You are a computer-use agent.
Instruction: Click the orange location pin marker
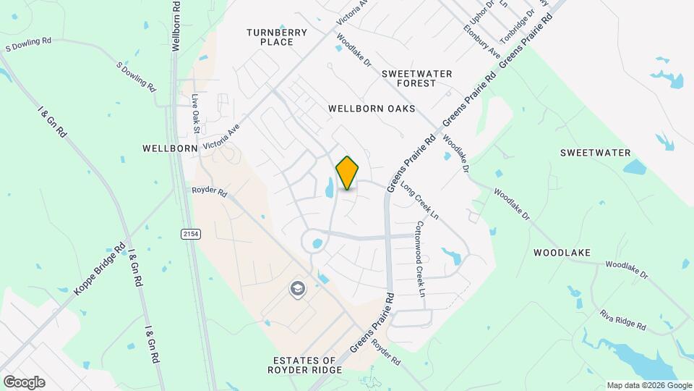click(x=347, y=172)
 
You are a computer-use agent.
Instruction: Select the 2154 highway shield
click(x=190, y=233)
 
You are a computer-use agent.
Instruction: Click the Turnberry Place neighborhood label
click(x=277, y=37)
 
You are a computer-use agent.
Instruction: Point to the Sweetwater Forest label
click(x=417, y=78)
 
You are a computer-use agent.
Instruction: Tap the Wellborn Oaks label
click(x=372, y=109)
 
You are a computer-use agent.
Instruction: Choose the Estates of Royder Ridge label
click(x=305, y=365)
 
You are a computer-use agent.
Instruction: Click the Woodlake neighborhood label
click(x=562, y=253)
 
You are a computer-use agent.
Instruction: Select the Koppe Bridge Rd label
click(x=100, y=268)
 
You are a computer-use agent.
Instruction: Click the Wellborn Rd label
click(x=176, y=25)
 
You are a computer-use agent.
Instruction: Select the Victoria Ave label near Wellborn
click(x=221, y=135)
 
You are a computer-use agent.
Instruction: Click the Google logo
click(x=24, y=382)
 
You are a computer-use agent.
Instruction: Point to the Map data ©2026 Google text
click(x=647, y=385)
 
